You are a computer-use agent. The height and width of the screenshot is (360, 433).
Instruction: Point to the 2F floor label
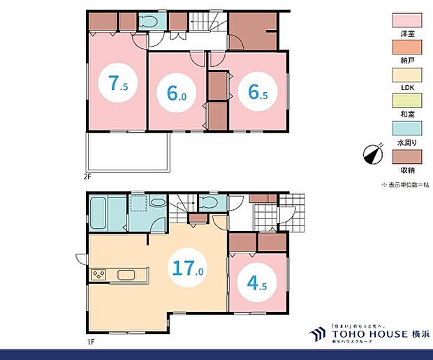[x=88, y=177]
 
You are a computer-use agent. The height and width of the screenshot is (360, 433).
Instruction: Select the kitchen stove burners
[x=98, y=274]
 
